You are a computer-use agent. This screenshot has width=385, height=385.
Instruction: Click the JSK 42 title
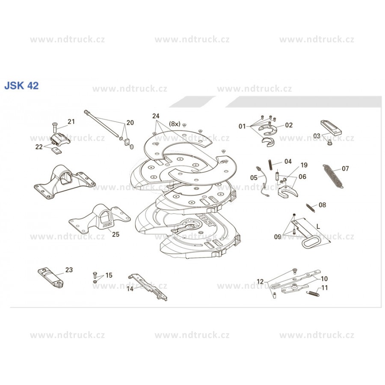pos(22,86)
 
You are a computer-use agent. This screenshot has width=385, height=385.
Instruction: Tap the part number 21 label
pos(71,121)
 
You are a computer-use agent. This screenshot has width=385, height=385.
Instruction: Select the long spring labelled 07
pos(333,176)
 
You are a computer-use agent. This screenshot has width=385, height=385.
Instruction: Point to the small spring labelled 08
pos(311,207)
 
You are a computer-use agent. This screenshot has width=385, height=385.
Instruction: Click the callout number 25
pos(115,234)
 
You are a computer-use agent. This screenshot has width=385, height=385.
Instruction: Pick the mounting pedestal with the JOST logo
pos(100,218)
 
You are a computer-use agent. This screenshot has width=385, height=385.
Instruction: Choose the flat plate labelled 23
pos(50,278)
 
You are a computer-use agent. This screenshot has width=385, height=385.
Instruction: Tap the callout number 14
pos(130,289)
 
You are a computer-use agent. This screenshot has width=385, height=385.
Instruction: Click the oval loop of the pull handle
pos(310,242)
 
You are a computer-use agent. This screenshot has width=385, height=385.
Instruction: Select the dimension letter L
pos(318,226)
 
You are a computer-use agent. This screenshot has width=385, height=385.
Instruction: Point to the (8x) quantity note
pos(175,124)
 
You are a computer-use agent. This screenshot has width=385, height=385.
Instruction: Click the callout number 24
pos(156,116)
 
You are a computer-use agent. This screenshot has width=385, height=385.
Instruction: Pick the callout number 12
pos(260,281)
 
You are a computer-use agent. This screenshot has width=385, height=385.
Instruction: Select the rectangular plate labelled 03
pos(331,127)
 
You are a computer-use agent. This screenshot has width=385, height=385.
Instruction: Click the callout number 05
pos(254,178)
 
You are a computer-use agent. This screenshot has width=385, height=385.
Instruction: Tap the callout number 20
pos(130,122)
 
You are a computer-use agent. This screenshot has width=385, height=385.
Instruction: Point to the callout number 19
pos(304,165)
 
